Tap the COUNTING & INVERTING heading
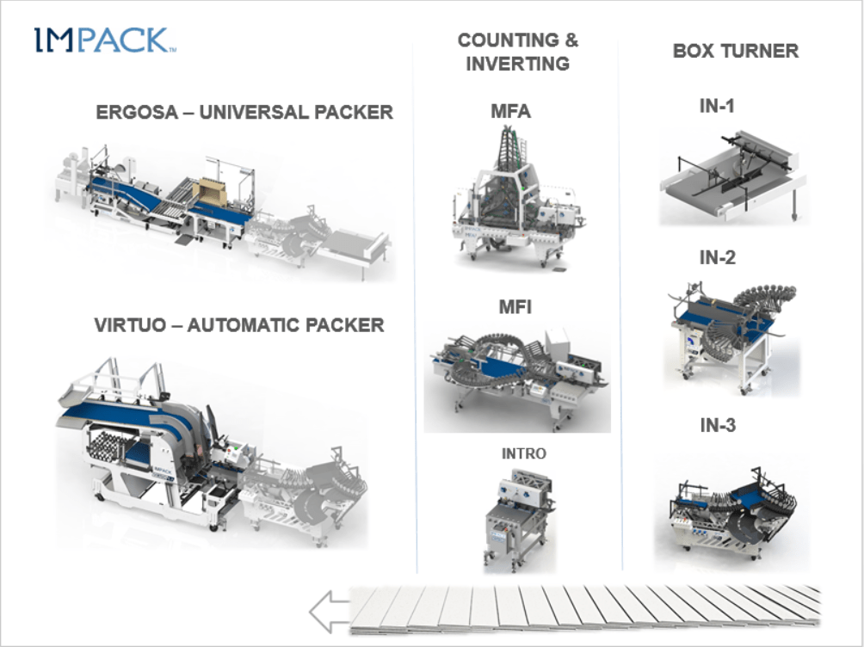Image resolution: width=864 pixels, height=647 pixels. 517,52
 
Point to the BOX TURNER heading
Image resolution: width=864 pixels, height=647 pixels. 735,51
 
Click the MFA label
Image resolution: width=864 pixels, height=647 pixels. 510,111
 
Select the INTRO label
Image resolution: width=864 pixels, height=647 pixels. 524,453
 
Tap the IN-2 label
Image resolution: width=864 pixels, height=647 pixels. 717,256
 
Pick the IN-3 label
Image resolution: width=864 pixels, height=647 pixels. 717,424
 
